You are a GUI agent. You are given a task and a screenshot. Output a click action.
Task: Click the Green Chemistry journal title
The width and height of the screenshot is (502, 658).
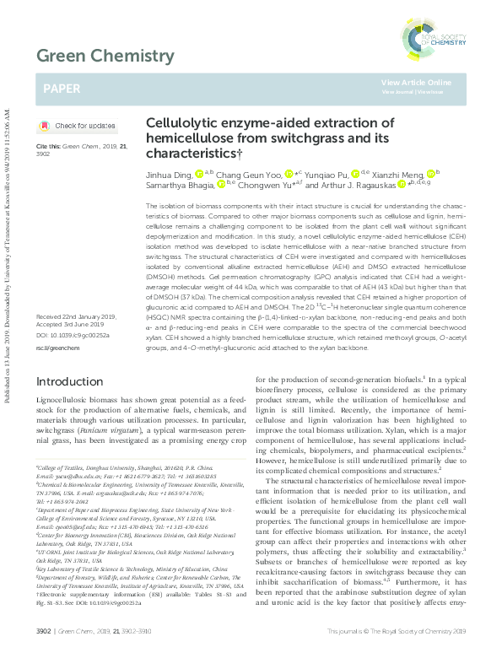104,57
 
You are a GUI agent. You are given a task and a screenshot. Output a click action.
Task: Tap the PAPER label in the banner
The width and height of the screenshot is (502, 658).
63,87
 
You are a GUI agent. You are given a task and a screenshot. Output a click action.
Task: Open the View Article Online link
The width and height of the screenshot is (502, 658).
416,82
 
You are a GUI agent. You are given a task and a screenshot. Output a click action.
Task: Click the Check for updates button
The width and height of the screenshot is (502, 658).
78,126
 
